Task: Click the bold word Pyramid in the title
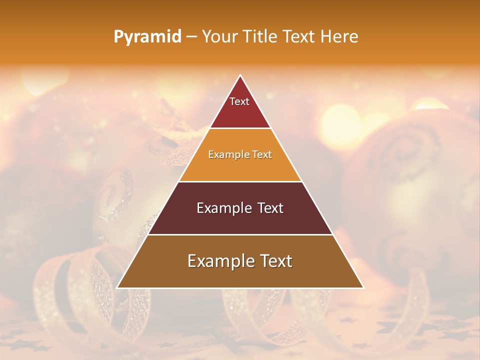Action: (147, 37)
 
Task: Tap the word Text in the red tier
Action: (239, 101)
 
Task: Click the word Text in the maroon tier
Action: (270, 208)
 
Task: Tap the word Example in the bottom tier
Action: (220, 261)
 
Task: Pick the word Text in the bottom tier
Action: (275, 261)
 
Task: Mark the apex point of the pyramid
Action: (240, 75)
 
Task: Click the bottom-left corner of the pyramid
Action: (117, 288)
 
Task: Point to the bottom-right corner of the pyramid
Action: (363, 288)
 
